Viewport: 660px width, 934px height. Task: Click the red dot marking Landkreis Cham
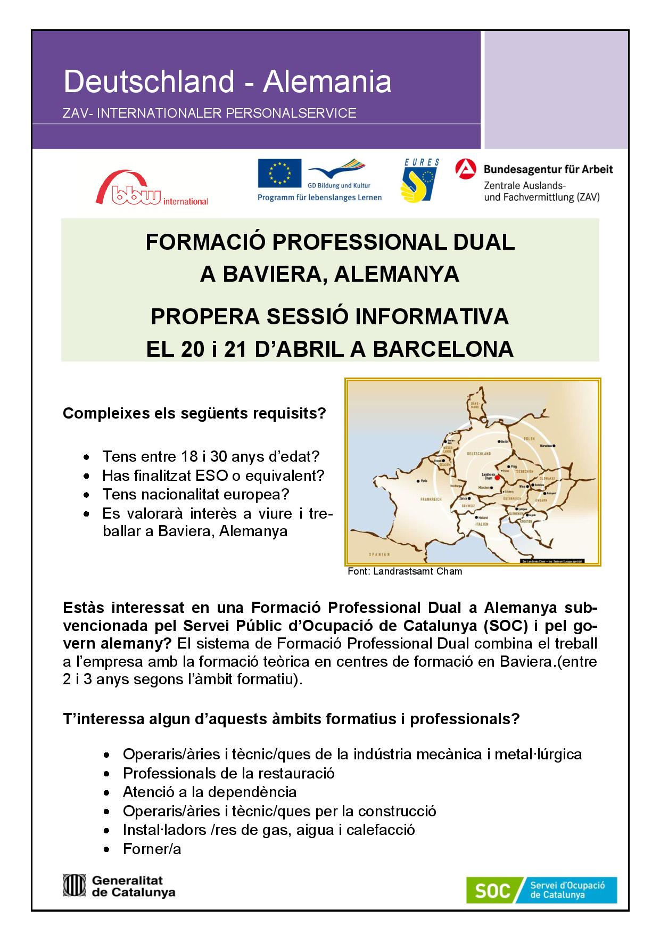tap(497, 478)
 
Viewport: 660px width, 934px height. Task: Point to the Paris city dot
tap(418, 480)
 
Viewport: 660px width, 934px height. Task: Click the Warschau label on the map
tap(546, 445)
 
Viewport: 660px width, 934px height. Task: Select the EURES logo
tap(420, 180)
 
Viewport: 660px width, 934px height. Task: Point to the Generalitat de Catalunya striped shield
tap(75, 885)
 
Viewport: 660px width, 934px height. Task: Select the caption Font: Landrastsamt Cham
tap(405, 571)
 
